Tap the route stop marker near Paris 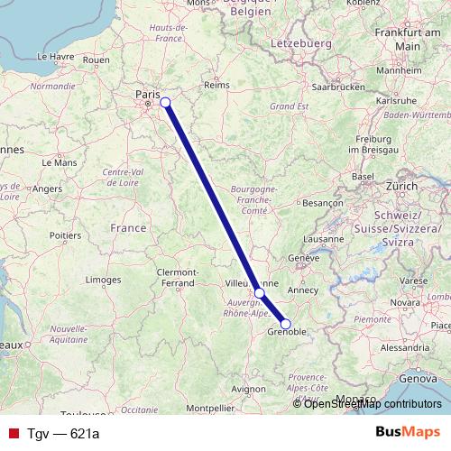(x=165, y=102)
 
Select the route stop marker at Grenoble (x=286, y=324)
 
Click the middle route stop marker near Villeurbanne (x=260, y=293)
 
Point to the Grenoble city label (x=287, y=333)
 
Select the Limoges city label (x=104, y=281)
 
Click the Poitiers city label (x=66, y=235)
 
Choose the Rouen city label (x=95, y=60)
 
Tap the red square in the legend (x=10, y=434)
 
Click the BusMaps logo (x=407, y=432)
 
